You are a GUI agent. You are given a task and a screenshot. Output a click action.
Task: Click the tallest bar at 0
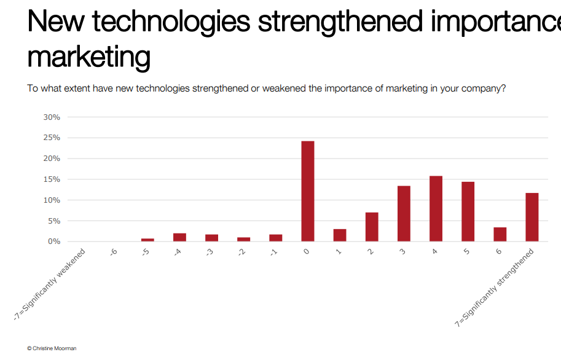tap(308, 191)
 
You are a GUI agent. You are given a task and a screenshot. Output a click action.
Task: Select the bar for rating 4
tap(436, 209)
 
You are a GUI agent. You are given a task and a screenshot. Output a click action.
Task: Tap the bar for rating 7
tap(532, 217)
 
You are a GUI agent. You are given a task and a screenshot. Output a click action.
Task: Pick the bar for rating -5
tap(147, 240)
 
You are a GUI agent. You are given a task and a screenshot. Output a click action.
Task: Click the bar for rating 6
tap(500, 235)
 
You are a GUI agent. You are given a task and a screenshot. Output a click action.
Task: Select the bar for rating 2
tap(372, 227)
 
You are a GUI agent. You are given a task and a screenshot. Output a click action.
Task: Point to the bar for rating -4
tap(179, 237)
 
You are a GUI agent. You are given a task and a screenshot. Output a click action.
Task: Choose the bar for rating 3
tap(404, 214)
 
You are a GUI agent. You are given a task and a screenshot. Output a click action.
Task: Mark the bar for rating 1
tap(340, 235)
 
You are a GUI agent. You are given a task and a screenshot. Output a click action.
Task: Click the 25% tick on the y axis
tap(52, 138)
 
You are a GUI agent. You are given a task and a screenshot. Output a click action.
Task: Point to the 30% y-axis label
tap(52, 117)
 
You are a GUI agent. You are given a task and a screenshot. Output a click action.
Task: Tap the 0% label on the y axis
tap(54, 241)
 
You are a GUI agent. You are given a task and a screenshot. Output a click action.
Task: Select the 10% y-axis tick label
tap(52, 200)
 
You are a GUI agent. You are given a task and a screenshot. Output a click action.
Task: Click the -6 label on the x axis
tap(114, 252)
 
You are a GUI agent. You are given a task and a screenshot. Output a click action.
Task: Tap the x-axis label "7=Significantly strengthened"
tap(494, 288)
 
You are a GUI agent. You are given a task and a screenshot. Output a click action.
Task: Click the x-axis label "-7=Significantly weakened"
tap(49, 284)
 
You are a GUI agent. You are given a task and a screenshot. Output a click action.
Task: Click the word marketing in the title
tap(88, 57)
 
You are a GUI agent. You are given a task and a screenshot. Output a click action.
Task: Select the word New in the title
tap(55, 22)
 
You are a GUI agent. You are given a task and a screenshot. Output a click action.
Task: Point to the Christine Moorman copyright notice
tap(52, 348)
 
